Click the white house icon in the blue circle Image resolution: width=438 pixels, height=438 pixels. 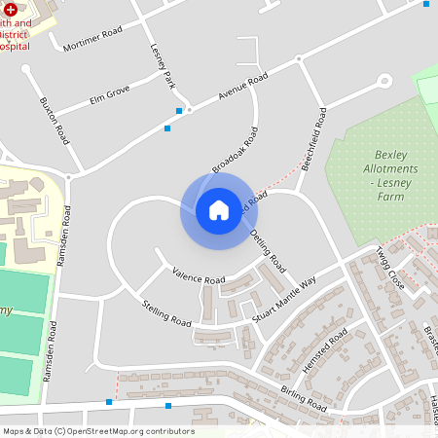218,209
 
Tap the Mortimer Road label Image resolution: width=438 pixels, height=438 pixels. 92,40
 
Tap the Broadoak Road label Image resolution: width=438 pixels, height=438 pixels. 236,150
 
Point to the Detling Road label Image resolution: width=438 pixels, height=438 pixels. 267,250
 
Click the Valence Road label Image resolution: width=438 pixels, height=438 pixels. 198,275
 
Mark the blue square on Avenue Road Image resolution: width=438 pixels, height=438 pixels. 166,128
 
